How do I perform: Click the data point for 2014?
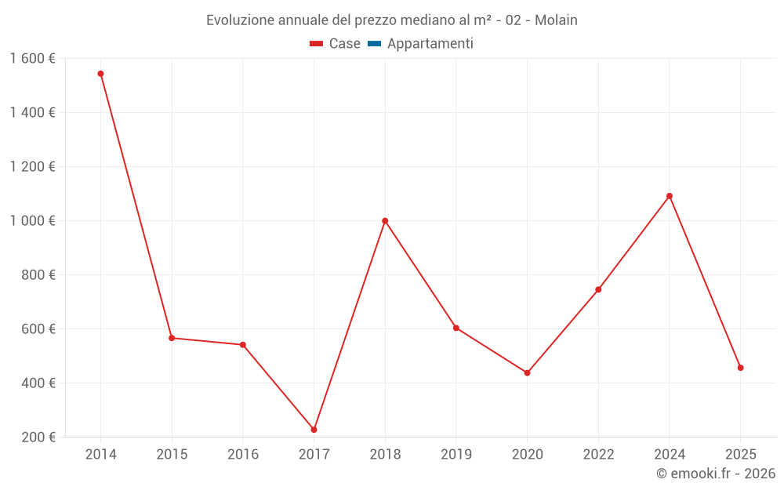[x=100, y=74]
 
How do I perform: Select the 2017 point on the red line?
[x=314, y=430]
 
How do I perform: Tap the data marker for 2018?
[x=385, y=221]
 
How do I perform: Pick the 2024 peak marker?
[x=670, y=196]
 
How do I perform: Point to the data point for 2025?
[x=740, y=368]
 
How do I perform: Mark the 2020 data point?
[x=527, y=373]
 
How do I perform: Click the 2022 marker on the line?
[x=598, y=289]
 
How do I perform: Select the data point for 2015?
[x=172, y=338]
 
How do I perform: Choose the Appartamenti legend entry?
[x=430, y=44]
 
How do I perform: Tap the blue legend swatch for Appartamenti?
[x=374, y=44]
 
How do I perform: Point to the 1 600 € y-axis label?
[x=33, y=59]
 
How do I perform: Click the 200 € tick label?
[x=39, y=437]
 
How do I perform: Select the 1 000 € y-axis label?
[x=33, y=221]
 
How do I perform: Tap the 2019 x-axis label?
[x=456, y=455]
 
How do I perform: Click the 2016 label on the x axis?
[x=243, y=455]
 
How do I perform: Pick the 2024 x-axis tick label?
[x=670, y=455]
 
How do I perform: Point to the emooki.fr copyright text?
[x=716, y=474]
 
